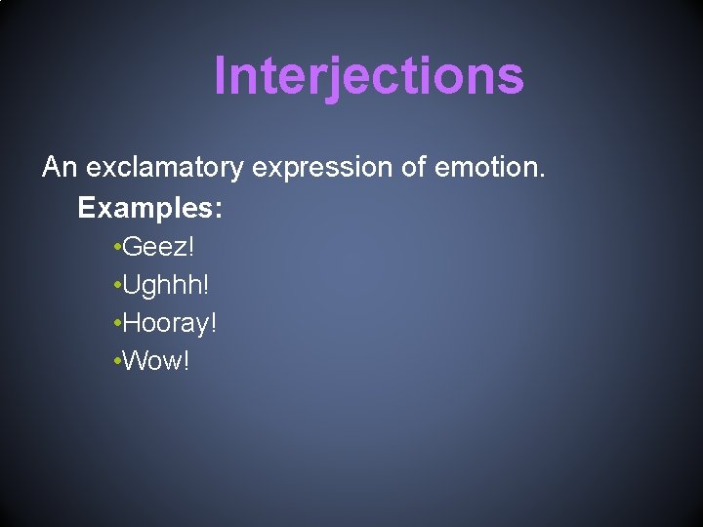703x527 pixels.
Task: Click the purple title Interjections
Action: click(368, 76)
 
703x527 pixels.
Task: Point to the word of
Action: click(413, 168)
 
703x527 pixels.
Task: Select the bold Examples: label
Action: click(150, 208)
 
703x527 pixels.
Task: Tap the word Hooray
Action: click(165, 323)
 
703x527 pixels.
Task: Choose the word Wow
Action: click(151, 361)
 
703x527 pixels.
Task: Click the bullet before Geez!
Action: click(116, 248)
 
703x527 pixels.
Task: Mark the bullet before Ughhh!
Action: click(116, 286)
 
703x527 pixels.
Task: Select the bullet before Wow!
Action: click(116, 362)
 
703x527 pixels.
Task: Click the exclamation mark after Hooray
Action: click(213, 322)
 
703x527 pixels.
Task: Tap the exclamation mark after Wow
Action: click(186, 361)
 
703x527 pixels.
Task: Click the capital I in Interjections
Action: click(221, 75)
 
